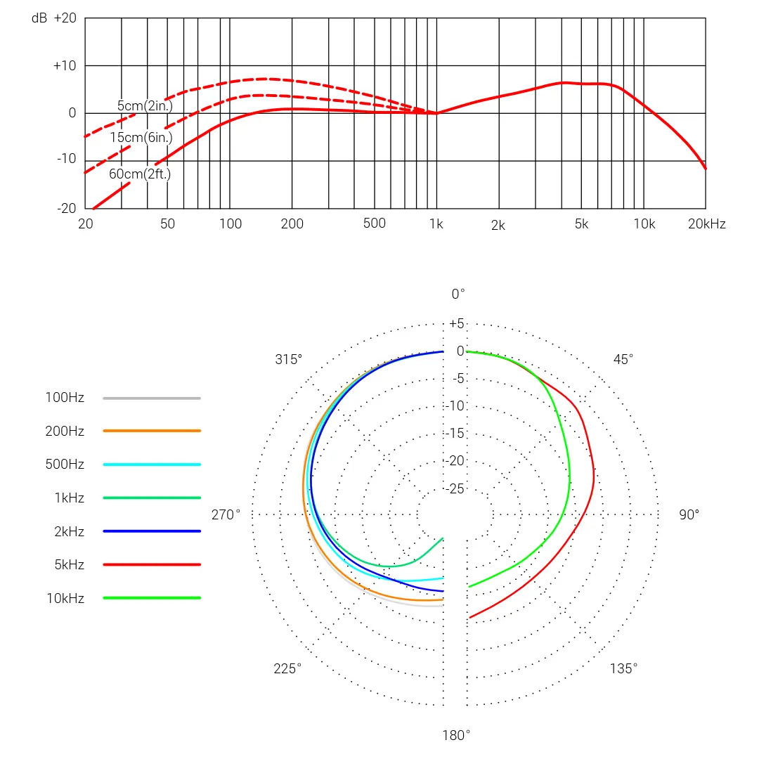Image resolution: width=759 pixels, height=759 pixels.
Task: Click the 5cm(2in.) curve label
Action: point(144,106)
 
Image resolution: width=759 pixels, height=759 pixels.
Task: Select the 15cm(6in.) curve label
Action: point(141,138)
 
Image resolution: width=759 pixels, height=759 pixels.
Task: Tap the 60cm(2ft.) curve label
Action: point(139,174)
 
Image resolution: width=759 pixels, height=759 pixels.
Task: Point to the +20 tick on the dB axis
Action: point(65,18)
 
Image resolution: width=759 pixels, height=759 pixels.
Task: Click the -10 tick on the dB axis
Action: point(67,160)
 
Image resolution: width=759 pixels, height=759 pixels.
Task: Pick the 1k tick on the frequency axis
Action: point(436,224)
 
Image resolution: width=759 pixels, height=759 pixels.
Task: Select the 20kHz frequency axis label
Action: point(706,224)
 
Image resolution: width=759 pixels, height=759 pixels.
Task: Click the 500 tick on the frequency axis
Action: point(375,223)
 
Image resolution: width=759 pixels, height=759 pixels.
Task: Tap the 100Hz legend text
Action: point(65,398)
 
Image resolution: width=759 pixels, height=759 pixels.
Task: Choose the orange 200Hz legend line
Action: point(152,431)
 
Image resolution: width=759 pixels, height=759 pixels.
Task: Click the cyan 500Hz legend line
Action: point(152,465)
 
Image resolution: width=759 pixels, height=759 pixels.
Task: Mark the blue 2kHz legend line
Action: point(152,531)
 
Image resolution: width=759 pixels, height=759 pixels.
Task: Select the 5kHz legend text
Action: point(69,565)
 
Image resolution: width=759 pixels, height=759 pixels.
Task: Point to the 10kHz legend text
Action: point(65,599)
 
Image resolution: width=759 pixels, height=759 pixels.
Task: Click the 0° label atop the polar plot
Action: point(458,294)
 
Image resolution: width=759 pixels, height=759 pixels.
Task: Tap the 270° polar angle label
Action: point(226,515)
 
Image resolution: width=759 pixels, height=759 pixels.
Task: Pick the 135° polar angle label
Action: point(623,668)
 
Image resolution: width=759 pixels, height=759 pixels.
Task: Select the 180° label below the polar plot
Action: point(456,736)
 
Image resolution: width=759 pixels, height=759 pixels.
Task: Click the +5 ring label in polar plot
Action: point(457,324)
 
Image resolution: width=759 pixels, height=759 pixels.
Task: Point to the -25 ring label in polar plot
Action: point(456,488)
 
